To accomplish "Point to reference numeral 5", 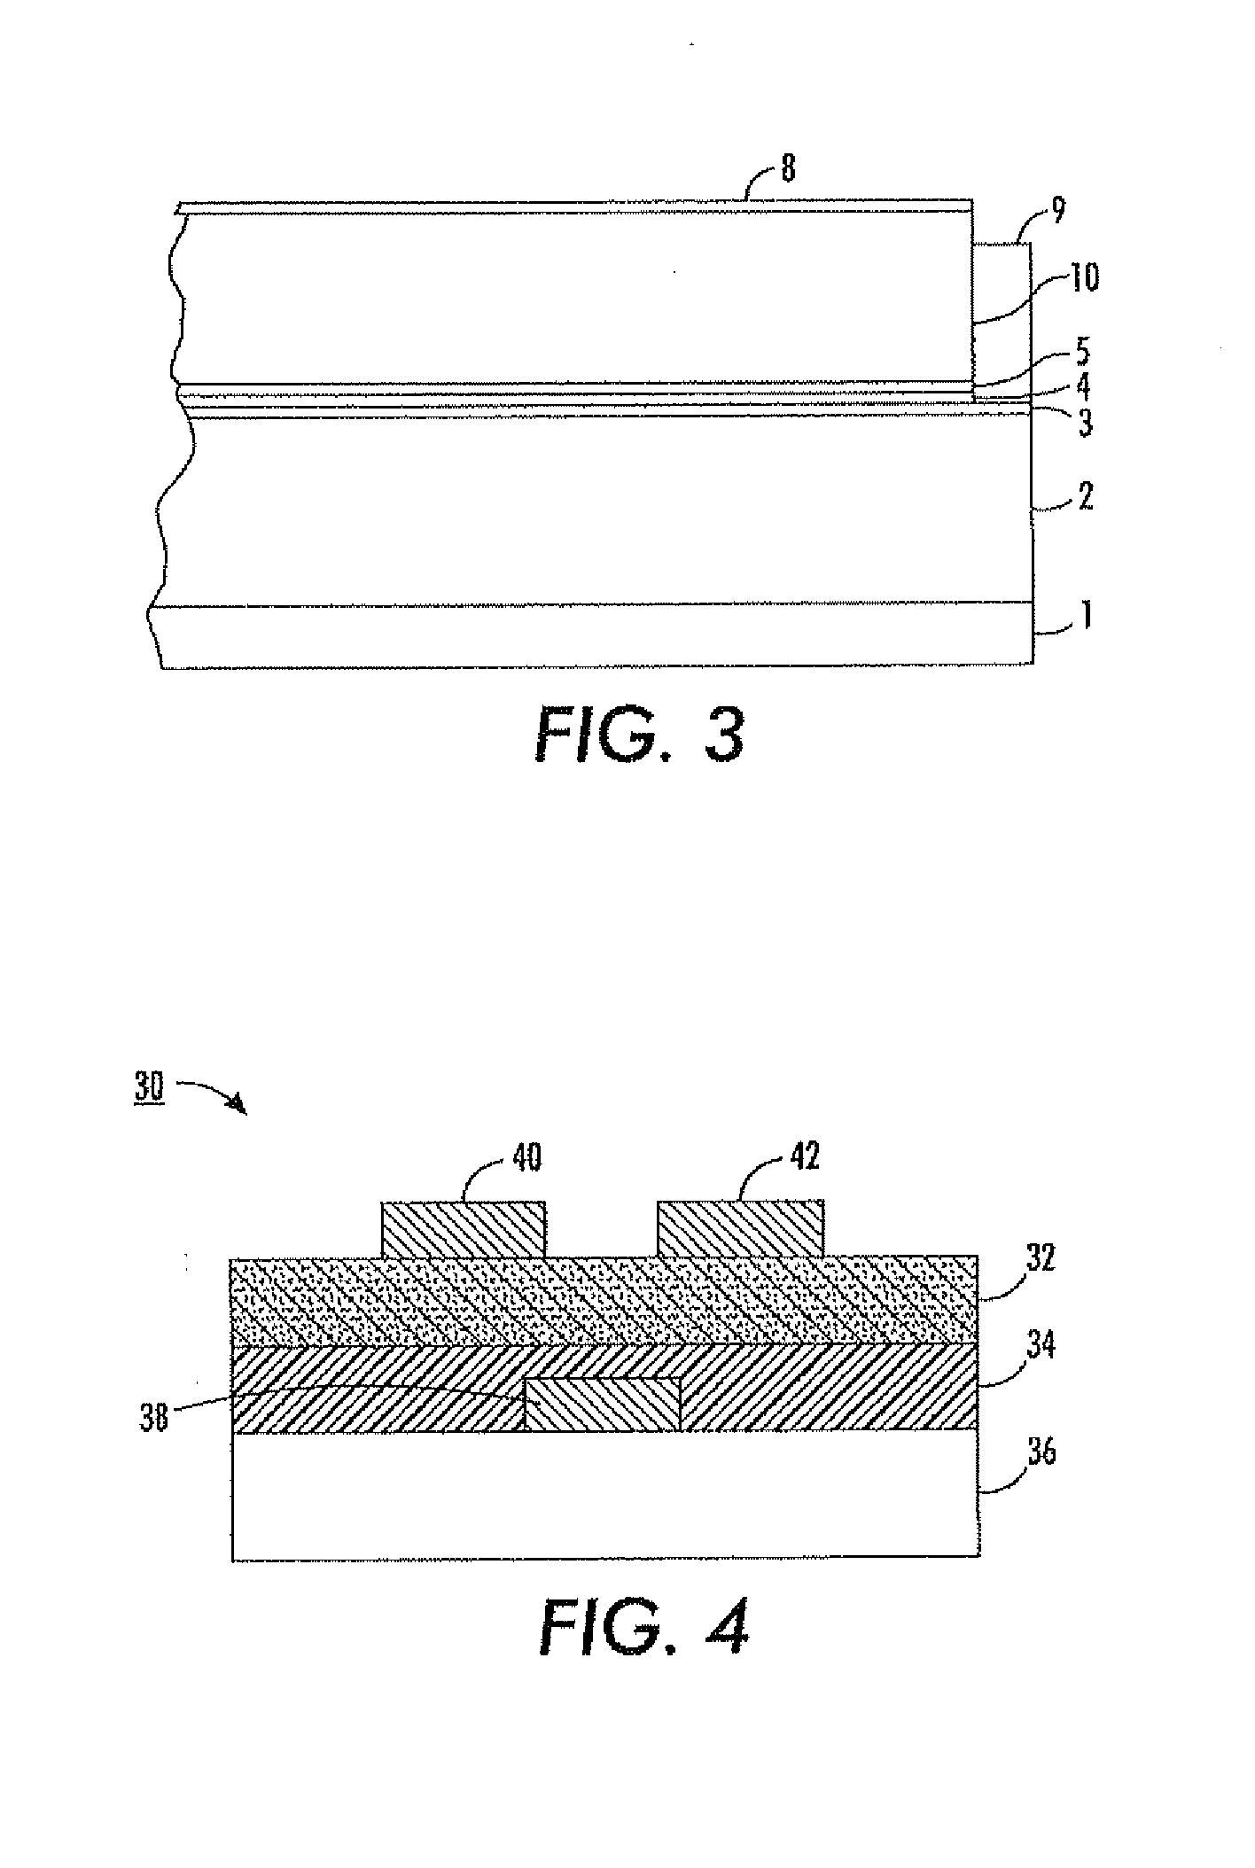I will click(1081, 352).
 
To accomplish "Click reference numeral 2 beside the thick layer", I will click(1084, 496).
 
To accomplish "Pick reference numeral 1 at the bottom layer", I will click(1082, 614).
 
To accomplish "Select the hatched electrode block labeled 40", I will click(463, 1229).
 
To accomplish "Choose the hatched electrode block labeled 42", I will click(740, 1229).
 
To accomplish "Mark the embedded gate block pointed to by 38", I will click(603, 1404).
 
